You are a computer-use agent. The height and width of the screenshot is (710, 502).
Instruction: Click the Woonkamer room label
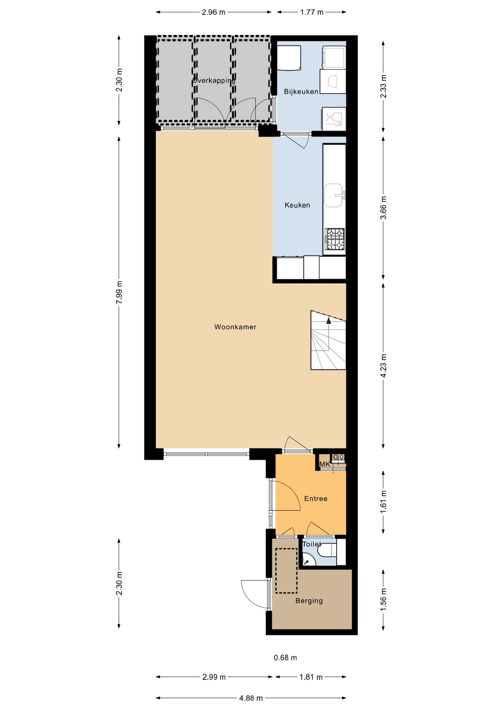pos(235,327)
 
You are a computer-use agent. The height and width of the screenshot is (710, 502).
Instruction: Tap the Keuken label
pos(297,205)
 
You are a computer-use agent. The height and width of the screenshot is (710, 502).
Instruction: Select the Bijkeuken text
pos(301,92)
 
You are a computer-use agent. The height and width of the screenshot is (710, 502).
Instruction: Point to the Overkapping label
pos(214,80)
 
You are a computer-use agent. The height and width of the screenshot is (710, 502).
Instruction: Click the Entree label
pos(316,498)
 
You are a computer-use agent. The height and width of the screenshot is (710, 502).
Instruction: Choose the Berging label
pos(309,601)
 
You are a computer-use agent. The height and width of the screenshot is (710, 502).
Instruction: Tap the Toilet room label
pos(312,544)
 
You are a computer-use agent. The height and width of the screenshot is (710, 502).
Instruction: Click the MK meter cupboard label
pos(325,464)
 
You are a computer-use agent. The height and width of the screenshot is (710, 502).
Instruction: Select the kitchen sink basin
pos(333,195)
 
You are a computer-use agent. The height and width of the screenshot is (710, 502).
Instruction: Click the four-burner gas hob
pos(335,239)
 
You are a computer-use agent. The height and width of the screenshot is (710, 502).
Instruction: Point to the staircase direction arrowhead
pos(329,320)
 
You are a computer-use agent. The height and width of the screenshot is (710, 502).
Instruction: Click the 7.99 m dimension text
pos(119,293)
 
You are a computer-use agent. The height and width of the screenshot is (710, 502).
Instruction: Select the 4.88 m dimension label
pos(251,698)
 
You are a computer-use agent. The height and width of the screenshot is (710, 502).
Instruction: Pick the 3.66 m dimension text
pos(383,207)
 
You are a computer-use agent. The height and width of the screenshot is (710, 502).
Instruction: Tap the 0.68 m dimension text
pos(285,657)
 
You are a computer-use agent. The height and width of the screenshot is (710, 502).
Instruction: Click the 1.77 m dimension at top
pos(312,12)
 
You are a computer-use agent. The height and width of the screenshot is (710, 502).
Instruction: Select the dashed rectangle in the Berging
pos(286,571)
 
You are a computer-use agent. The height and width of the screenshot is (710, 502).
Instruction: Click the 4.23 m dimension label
pos(383,366)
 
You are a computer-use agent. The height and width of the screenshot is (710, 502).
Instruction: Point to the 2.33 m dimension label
pos(383,86)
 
